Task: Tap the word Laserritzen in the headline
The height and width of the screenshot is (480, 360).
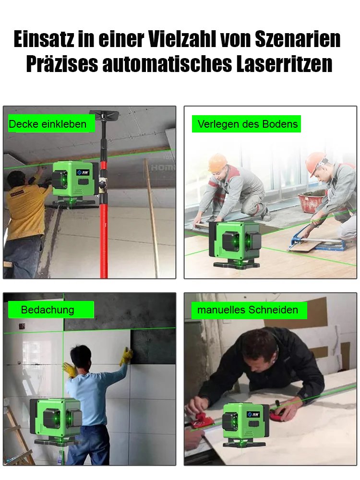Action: pos(284,64)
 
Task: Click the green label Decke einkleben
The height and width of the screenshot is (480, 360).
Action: pos(48,124)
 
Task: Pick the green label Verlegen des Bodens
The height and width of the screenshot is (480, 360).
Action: pos(248,124)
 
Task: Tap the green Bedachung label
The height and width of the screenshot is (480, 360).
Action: pos(48,310)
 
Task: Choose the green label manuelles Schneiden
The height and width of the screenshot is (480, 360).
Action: pos(248,310)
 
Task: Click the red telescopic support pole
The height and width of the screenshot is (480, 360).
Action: pos(104,226)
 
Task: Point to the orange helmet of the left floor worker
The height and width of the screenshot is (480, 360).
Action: pos(217,162)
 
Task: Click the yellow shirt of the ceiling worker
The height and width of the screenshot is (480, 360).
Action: pos(27,207)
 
